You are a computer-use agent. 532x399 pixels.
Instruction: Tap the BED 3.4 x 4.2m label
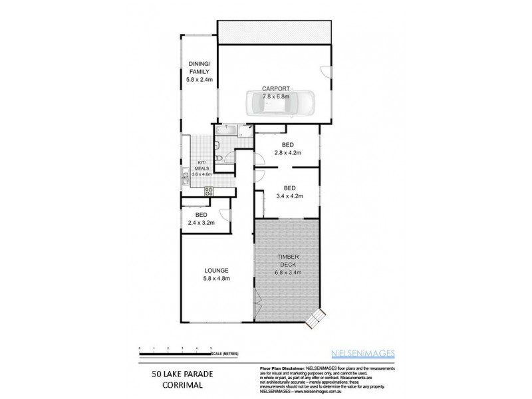click(289, 192)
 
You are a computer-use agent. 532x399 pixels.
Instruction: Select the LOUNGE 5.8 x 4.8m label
click(217, 274)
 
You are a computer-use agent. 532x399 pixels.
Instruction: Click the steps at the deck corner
click(314, 320)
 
